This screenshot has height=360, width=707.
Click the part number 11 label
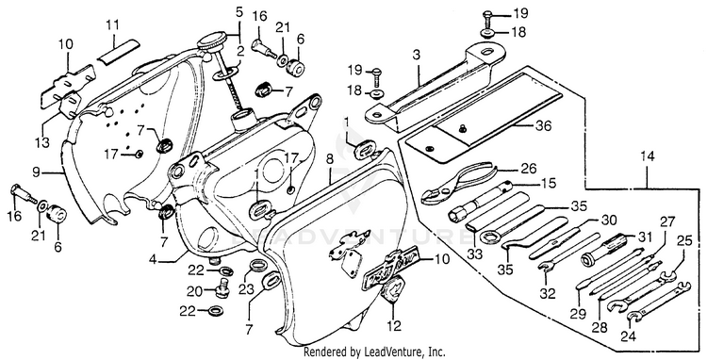click(113, 25)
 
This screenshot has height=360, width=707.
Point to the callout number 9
click(36, 172)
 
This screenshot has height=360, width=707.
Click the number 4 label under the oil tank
click(155, 260)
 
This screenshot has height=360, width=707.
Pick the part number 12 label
click(394, 326)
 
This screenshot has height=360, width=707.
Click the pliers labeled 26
click(455, 184)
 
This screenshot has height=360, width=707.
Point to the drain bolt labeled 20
click(222, 286)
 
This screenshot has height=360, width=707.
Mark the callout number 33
click(475, 254)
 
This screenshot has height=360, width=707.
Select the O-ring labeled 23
click(257, 265)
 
